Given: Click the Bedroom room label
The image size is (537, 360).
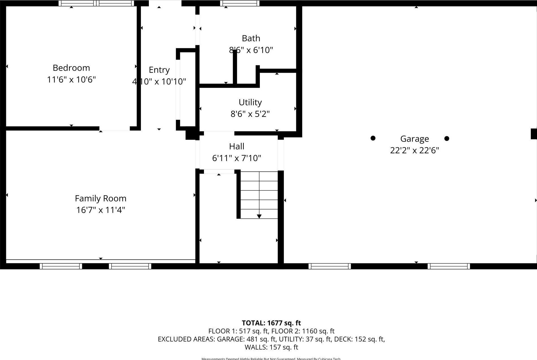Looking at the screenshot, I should click(71, 68).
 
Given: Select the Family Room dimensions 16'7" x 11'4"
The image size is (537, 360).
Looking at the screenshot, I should click(101, 210).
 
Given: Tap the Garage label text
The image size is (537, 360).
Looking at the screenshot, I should click(414, 139).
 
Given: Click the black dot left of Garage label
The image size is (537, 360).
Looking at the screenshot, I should click(373, 138).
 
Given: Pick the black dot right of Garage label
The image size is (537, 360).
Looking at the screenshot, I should click(447, 138).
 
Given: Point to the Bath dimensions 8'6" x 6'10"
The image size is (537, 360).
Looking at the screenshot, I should click(251, 50).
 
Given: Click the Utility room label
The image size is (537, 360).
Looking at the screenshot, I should click(250, 102).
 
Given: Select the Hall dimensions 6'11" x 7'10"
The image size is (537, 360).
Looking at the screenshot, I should click(236, 158).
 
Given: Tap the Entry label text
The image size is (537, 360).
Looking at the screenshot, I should click(159, 70).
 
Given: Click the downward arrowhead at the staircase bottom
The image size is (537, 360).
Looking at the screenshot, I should click(259, 216).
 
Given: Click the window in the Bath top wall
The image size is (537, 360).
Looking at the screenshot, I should click(240, 3).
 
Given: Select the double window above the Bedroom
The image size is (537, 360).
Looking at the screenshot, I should click(96, 3).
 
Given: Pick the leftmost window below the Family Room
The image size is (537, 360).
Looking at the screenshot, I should click(61, 266).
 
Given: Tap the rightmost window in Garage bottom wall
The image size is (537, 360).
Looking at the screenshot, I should click(449, 266).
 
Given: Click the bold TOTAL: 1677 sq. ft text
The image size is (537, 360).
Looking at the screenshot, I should click(271, 323).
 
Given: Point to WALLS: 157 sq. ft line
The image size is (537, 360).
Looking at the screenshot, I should click(271, 347).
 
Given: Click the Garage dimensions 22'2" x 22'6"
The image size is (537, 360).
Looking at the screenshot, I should click(414, 150).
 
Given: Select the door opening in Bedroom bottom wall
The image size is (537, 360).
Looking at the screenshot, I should click(114, 129).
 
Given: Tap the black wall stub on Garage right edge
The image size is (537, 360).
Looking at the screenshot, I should click(534, 134).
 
